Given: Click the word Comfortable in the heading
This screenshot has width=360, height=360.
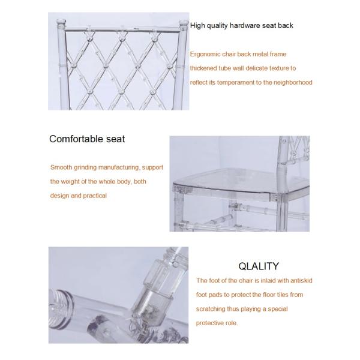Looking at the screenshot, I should [77, 139].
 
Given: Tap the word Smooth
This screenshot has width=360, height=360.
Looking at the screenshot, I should [61, 167].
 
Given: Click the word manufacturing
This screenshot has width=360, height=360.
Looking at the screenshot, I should [115, 167].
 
